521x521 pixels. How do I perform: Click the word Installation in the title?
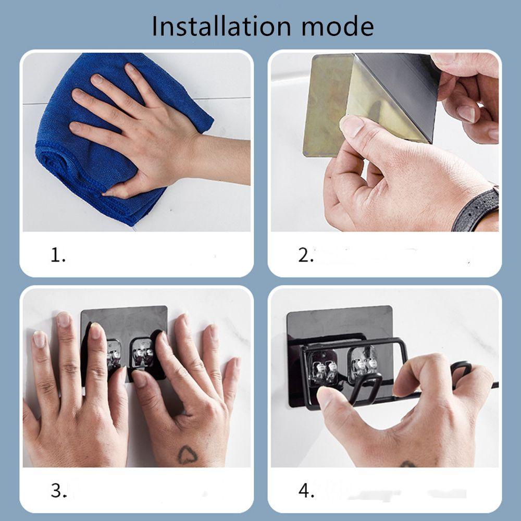pyautogui.click(x=221, y=26)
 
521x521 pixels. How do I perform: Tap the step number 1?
pyautogui.click(x=58, y=255)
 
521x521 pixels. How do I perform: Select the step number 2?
pyautogui.click(x=306, y=255)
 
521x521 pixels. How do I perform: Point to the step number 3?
pyautogui.click(x=58, y=490)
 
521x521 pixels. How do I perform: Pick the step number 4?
pyautogui.click(x=306, y=490)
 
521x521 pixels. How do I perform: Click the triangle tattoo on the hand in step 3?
pyautogui.click(x=188, y=455)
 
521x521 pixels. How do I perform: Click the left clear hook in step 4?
pyautogui.click(x=322, y=366)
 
